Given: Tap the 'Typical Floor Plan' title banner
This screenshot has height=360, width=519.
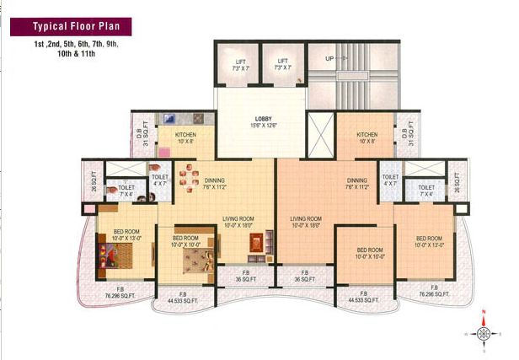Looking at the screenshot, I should [64, 26].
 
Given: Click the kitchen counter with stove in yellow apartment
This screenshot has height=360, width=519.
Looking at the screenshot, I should [178, 118].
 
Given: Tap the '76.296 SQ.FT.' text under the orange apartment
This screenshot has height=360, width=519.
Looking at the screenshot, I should [436, 296].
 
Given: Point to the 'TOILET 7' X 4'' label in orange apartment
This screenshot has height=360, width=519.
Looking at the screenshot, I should [426, 191].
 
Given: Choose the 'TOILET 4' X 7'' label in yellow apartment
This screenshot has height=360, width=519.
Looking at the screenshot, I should [160, 180].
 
